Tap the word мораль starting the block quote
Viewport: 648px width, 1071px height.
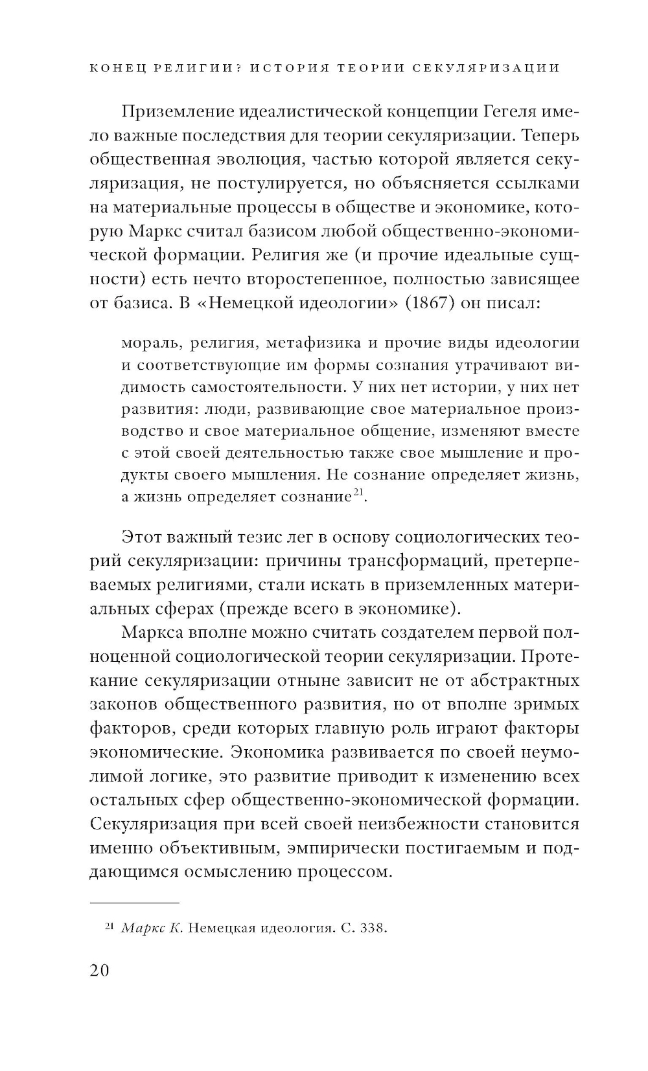(146, 343)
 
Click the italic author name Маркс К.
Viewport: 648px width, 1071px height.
(152, 929)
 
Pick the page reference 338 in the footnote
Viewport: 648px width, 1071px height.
(372, 929)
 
